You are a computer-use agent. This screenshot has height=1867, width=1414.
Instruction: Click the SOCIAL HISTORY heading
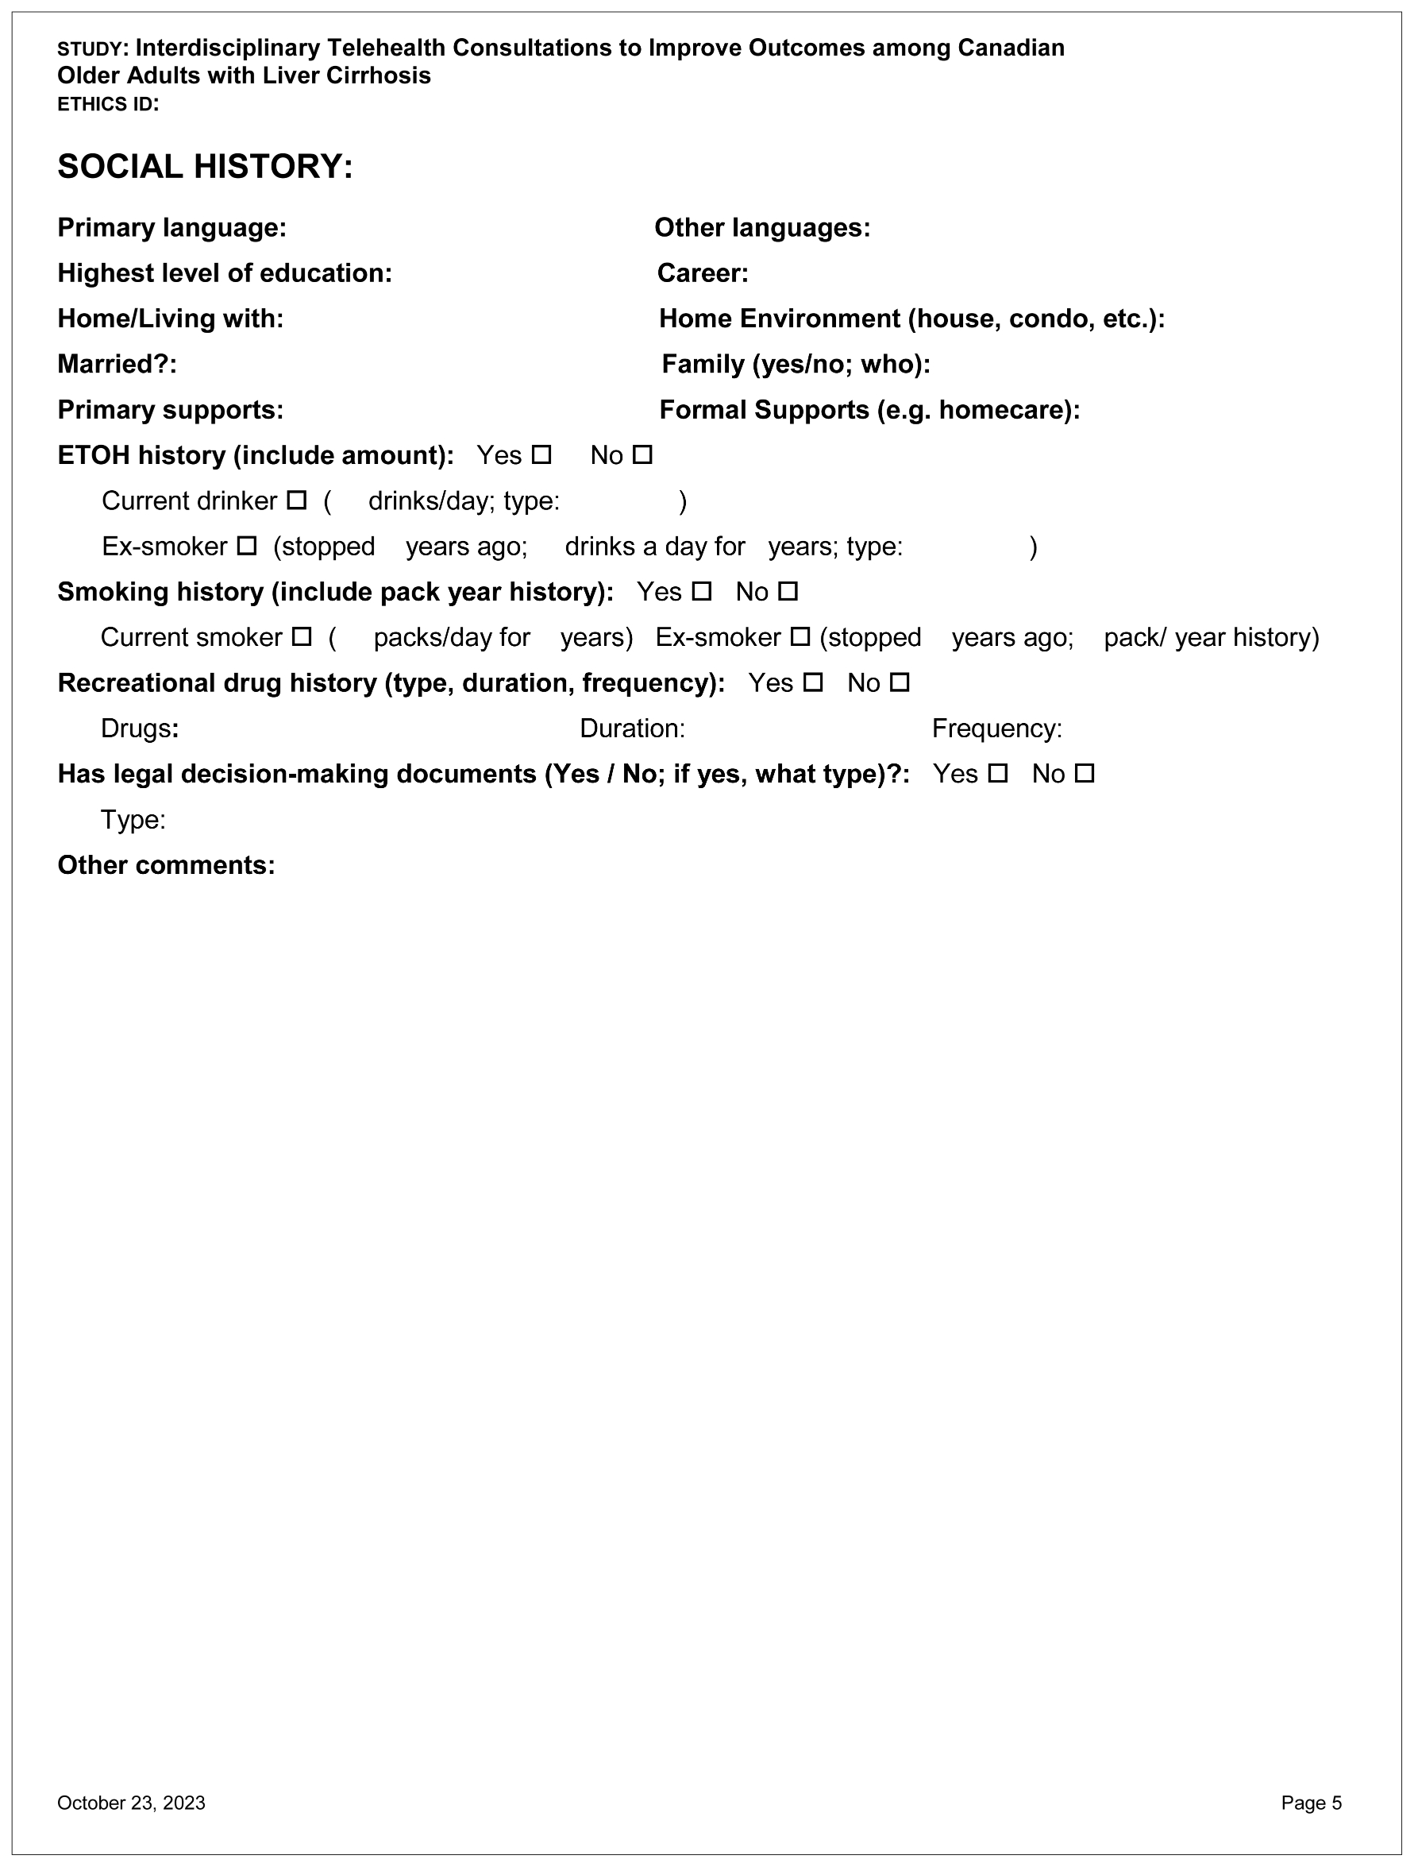point(205,166)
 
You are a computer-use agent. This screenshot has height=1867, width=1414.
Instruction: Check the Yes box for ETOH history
point(541,455)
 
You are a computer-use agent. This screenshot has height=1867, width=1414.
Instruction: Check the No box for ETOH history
point(643,455)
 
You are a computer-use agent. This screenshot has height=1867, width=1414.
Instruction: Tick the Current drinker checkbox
point(297,501)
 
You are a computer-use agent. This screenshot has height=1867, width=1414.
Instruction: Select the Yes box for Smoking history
point(702,592)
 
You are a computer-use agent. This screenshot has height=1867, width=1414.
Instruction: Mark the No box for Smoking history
point(788,592)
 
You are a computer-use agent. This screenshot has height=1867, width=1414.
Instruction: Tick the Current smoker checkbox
point(302,637)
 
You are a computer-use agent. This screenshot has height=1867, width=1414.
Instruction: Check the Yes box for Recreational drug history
point(813,682)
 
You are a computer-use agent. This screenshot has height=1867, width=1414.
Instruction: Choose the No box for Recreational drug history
point(900,682)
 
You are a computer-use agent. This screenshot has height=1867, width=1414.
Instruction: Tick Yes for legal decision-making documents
point(998,773)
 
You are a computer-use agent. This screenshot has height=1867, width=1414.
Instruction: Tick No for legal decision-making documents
point(1085,773)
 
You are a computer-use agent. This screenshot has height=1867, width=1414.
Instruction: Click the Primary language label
point(172,228)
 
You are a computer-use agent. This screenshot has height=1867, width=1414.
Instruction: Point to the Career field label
point(703,273)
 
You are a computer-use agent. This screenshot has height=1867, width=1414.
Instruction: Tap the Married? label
point(118,364)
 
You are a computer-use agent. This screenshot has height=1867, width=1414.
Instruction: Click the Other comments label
point(166,865)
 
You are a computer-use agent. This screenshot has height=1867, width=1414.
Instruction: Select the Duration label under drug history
point(632,729)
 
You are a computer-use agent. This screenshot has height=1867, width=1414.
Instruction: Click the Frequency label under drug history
point(996,729)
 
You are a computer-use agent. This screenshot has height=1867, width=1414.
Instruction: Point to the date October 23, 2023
point(132,1803)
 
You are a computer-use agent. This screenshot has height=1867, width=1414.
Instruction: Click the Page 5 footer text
point(1311,1803)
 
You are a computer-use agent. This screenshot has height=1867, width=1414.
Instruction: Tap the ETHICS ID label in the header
point(108,105)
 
